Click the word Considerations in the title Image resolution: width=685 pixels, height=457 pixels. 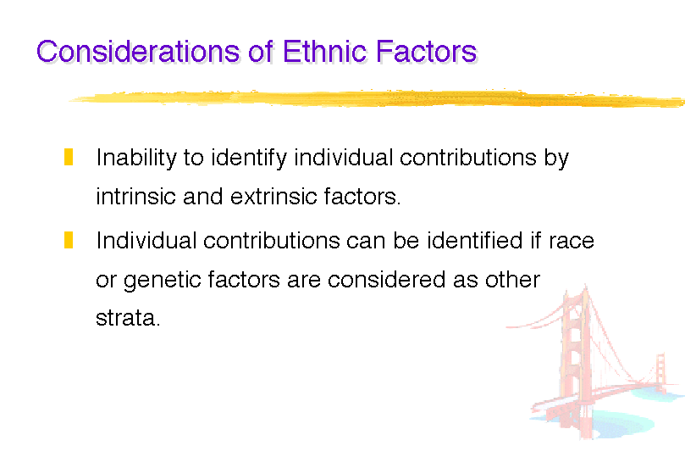138,51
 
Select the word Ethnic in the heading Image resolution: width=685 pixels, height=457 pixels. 324,51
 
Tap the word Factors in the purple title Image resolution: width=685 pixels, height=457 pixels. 426,51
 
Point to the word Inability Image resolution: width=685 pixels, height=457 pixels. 135,158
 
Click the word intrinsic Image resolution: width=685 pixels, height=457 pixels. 135,197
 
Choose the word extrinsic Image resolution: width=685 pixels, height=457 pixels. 273,197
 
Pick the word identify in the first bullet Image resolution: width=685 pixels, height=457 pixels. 249,158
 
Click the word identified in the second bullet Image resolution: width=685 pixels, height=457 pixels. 474,240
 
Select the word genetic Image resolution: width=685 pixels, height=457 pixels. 163,281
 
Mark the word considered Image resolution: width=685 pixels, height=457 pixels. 386,280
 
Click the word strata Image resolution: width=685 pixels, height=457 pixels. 126,318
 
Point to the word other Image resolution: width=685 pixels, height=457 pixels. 512,280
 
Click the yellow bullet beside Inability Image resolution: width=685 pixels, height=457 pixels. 69,157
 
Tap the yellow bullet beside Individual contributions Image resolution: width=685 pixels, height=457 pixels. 69,240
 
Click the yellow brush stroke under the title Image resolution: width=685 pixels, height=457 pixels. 377,98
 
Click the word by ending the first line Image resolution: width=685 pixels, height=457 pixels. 556,158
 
